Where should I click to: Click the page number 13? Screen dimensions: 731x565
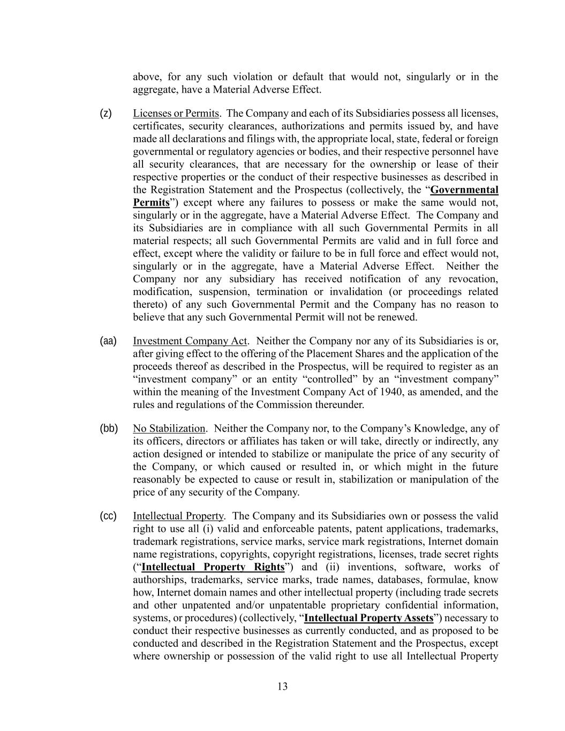pos(283,687)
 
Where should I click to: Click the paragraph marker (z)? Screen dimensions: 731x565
pos(106,113)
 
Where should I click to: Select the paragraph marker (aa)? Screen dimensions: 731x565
pos(108,341)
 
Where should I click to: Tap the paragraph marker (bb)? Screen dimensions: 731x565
pos(109,428)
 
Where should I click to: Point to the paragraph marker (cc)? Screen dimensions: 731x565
pos(108,516)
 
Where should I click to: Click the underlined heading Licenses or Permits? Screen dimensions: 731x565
pos(176,114)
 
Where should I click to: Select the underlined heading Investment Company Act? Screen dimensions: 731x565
pos(190,341)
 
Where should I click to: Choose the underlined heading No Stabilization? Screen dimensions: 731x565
pos(169,428)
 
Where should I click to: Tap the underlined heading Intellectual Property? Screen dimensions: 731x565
pos(178,516)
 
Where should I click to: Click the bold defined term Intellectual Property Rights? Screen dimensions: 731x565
pos(213,567)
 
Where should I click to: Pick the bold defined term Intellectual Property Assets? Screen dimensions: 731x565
pos(368,618)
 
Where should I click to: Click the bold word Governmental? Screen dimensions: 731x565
pos(464,190)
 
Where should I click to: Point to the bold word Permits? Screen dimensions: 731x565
pos(151,203)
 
